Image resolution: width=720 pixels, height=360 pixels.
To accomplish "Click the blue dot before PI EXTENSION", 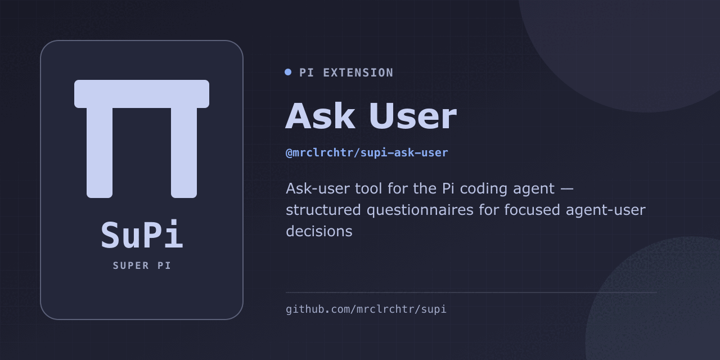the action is coord(288,73).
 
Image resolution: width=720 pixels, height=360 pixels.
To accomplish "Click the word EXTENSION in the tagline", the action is coord(358,73).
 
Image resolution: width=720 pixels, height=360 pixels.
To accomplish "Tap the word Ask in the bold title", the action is coord(320,116).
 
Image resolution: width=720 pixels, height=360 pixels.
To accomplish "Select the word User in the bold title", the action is coord(413,116).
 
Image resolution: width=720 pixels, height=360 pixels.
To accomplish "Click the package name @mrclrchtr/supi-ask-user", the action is coord(367,152).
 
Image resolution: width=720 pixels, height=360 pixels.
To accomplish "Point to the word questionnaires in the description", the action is coord(420,210).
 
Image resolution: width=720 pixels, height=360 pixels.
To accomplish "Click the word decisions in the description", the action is coord(319,231).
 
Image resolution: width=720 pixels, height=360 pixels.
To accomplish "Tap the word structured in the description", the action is coord(323,210).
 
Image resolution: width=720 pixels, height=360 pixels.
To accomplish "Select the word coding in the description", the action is coord(483,188).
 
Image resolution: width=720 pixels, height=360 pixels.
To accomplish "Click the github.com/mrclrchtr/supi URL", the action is coord(366,309).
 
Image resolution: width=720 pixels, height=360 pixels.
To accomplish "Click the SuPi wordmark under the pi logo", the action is coord(142,235).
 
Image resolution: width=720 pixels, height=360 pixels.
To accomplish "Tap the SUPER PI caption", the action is coord(142,265).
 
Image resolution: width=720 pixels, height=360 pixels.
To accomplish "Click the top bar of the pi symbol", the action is coord(142,94).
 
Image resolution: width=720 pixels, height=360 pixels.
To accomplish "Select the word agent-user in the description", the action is coord(606,210).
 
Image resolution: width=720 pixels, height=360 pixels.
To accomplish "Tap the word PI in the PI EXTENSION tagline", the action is coord(307,73).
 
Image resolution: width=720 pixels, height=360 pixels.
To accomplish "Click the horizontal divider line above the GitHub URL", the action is coord(471,292).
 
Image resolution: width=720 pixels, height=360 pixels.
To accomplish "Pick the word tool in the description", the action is coord(368,188).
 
